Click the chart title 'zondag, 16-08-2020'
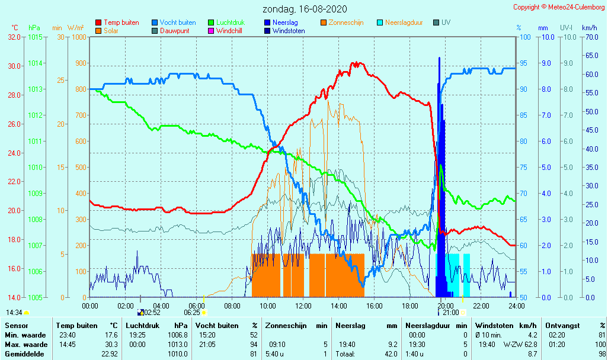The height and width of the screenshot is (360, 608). (305, 9)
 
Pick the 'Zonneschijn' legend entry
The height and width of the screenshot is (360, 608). (346, 22)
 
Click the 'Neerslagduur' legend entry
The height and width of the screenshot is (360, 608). (404, 22)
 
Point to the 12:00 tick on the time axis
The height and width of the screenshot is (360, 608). (303, 306)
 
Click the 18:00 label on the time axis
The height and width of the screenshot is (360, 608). (410, 306)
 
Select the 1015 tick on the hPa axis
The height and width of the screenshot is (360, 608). (34, 37)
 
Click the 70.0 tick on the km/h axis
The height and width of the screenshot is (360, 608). (590, 37)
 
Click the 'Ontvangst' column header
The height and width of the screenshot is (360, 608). (563, 325)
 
